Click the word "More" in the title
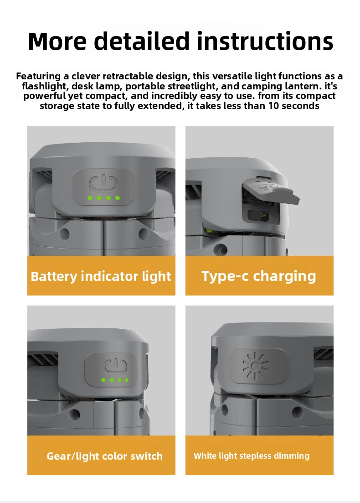tap(57, 41)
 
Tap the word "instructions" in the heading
tap(265, 41)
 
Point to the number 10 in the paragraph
tap(274, 105)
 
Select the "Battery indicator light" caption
tap(101, 276)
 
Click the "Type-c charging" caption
tap(259, 276)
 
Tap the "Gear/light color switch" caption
tap(104, 456)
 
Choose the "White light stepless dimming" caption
tap(252, 456)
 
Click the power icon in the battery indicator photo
tap(103, 183)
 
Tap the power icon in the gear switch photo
tap(115, 366)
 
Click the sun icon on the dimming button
tap(255, 366)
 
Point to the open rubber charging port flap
tap(271, 191)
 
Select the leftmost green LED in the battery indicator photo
tap(90, 198)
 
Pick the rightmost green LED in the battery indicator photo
tap(118, 198)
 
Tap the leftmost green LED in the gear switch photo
tap(103, 380)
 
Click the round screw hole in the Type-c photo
tap(220, 249)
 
